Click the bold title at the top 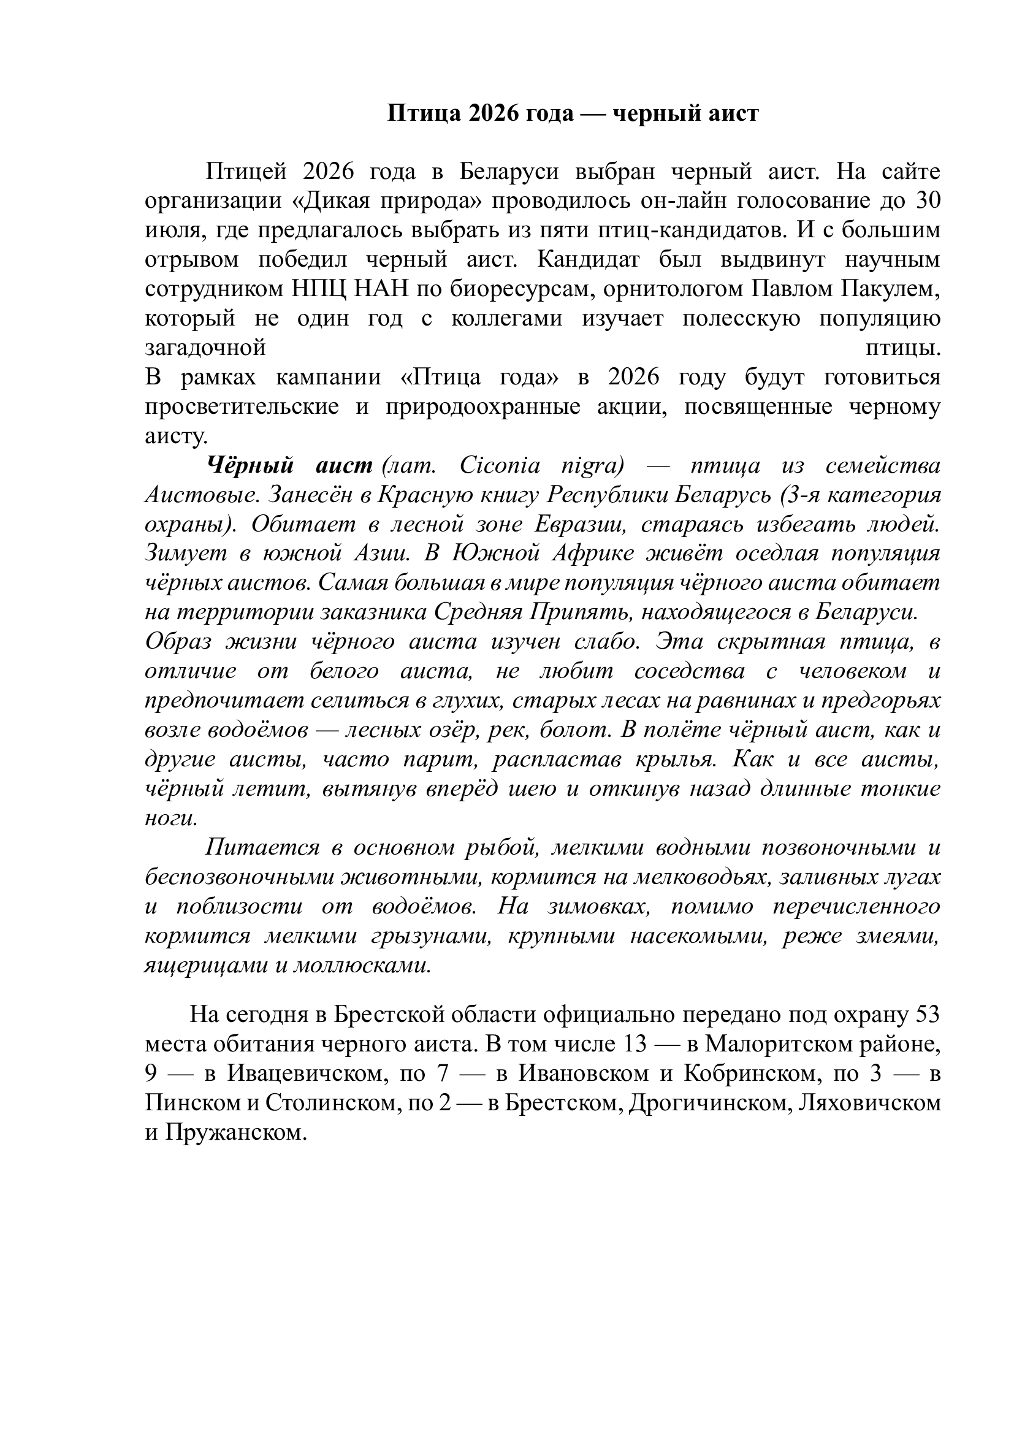573,113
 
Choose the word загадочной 205,348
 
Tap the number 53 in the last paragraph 926,1014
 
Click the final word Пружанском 236,1132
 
